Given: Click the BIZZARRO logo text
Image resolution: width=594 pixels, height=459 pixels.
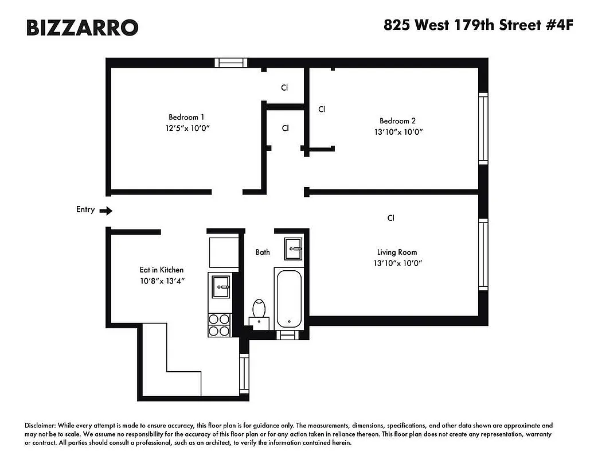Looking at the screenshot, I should (x=82, y=27).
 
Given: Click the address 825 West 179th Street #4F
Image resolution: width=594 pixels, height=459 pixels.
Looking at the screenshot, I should (x=478, y=26).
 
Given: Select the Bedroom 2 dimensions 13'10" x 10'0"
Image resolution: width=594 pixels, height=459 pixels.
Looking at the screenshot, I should (x=397, y=132).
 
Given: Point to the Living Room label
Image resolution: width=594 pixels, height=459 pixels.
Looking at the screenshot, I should (x=397, y=252).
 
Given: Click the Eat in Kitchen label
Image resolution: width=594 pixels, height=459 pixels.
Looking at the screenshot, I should (x=162, y=270).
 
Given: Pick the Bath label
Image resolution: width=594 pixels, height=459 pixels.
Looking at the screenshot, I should (x=263, y=252).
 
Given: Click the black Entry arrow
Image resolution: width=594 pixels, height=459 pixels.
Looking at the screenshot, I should (x=106, y=211).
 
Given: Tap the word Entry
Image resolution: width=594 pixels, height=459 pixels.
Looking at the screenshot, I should (x=85, y=209).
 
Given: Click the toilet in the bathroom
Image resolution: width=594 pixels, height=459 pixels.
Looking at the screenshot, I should (x=260, y=311).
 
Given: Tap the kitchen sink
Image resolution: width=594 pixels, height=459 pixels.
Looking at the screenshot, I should (x=221, y=286).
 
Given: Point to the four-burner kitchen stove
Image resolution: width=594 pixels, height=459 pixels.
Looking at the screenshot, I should (x=219, y=325).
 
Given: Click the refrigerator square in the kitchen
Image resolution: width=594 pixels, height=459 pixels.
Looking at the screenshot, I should (x=223, y=252).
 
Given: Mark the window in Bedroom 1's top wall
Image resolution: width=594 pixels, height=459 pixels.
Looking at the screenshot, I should (x=231, y=63).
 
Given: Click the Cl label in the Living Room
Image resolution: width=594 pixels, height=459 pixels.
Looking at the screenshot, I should (x=390, y=218).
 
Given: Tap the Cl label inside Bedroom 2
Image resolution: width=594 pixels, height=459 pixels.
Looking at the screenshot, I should (x=322, y=109).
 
